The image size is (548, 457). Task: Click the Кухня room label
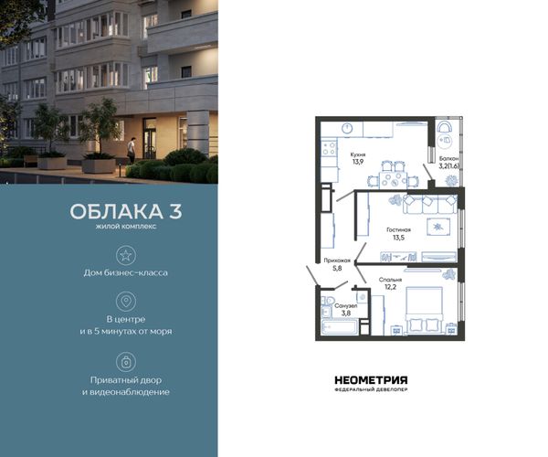pyautogui.click(x=358, y=154)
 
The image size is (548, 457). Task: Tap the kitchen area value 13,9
pyautogui.click(x=358, y=162)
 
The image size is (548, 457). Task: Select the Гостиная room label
pyautogui.click(x=399, y=229)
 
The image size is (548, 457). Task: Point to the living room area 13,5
pyautogui.click(x=399, y=238)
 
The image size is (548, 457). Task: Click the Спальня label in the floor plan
pyautogui.click(x=390, y=280)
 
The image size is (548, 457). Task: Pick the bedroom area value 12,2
pyautogui.click(x=391, y=287)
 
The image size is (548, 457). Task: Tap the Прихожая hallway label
pyautogui.click(x=337, y=260)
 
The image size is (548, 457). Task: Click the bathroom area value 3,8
pyautogui.click(x=345, y=314)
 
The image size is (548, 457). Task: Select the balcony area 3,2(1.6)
pyautogui.click(x=449, y=165)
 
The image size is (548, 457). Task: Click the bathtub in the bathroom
pyautogui.click(x=339, y=328)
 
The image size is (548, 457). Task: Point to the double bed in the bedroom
pyautogui.click(x=424, y=310)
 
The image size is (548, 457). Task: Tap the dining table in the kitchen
pyautogui.click(x=391, y=179)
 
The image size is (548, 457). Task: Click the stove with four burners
pyautogui.click(x=330, y=147)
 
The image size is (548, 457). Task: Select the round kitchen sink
pyautogui.click(x=347, y=128)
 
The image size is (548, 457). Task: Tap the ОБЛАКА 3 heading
pyautogui.click(x=126, y=211)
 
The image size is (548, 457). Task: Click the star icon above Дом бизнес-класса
pyautogui.click(x=126, y=255)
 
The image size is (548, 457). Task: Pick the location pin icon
pyautogui.click(x=126, y=301)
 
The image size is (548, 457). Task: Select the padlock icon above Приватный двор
pyautogui.click(x=126, y=362)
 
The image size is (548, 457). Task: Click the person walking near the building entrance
pyautogui.click(x=131, y=150)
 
